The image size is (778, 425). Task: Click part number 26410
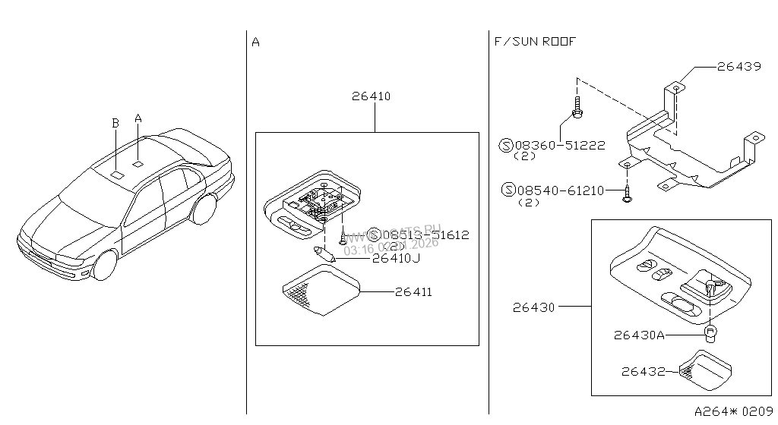(x=371, y=96)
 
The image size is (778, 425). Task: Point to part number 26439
(x=738, y=67)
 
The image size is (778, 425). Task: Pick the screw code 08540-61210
(x=552, y=190)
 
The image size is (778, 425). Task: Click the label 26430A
(x=640, y=334)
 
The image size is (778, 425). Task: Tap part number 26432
(x=643, y=371)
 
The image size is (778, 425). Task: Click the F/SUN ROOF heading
(x=535, y=42)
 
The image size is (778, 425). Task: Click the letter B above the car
(x=115, y=123)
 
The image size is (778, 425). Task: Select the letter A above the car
(x=138, y=118)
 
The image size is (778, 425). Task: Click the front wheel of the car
(x=104, y=265)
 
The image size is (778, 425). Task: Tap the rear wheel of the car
(x=204, y=209)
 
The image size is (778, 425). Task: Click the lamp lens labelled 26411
(x=318, y=294)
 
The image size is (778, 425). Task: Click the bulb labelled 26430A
(x=710, y=333)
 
